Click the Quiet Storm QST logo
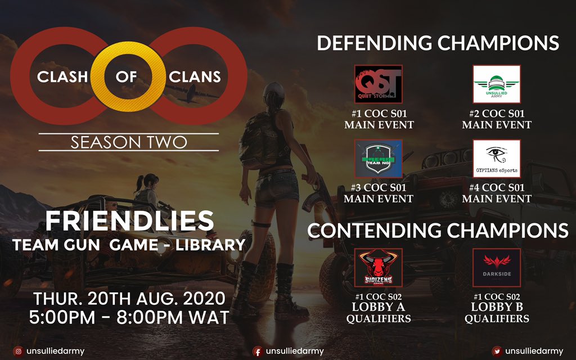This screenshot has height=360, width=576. pyautogui.click(x=378, y=84)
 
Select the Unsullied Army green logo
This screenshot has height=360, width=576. pyautogui.click(x=496, y=84)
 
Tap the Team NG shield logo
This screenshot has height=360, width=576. pyautogui.click(x=378, y=159)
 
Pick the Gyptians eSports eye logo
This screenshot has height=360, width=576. pyautogui.click(x=496, y=159)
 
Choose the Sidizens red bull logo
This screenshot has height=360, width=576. pyautogui.click(x=378, y=268)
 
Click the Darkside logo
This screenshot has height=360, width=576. pyautogui.click(x=496, y=268)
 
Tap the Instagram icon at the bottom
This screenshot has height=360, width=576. pyautogui.click(x=18, y=351)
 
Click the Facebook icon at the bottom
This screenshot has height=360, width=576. pyautogui.click(x=258, y=351)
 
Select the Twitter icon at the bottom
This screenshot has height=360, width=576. pyautogui.click(x=497, y=351)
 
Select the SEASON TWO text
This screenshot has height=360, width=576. pyautogui.click(x=128, y=142)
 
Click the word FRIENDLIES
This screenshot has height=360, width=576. pyautogui.click(x=129, y=222)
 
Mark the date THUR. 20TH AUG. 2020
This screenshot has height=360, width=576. pyautogui.click(x=129, y=298)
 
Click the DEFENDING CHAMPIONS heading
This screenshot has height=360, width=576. pyautogui.click(x=438, y=43)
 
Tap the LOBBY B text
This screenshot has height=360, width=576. pyautogui.click(x=496, y=307)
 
